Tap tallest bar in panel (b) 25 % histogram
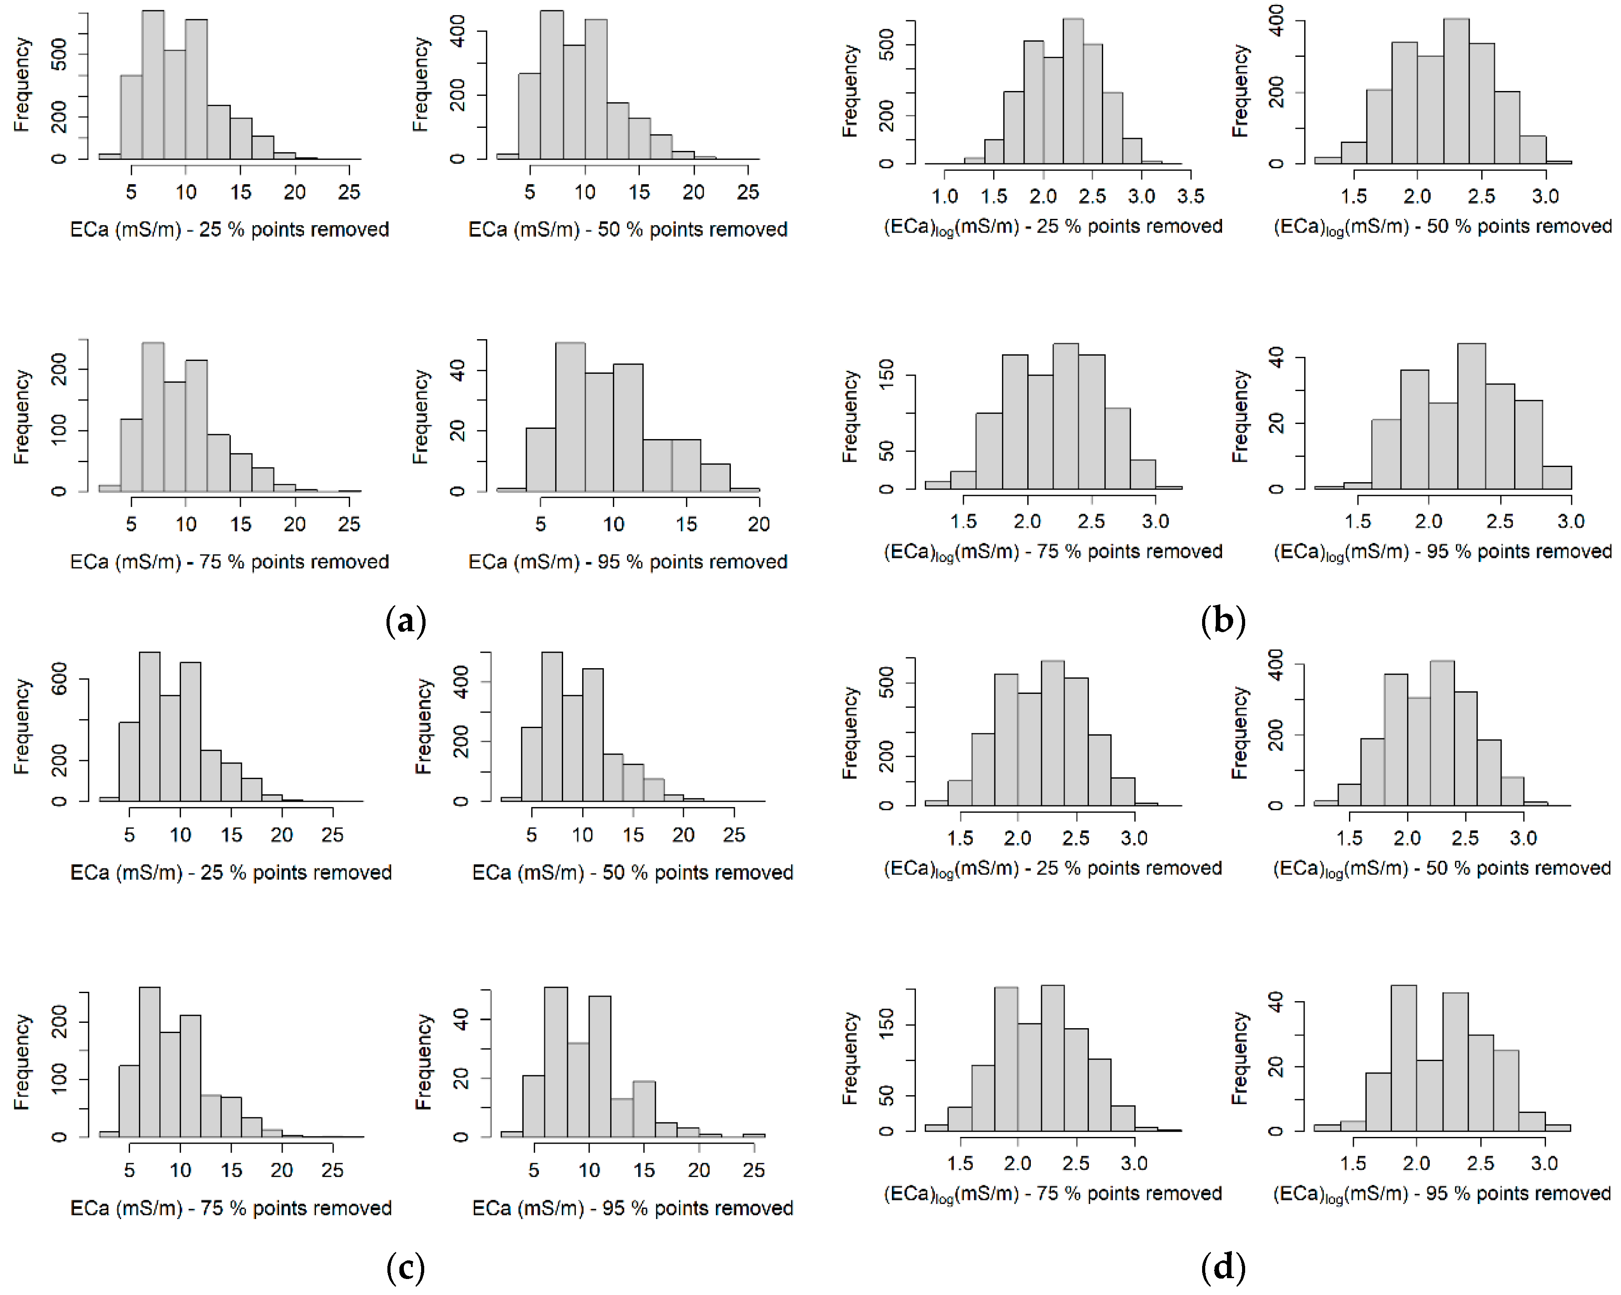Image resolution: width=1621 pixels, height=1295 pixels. (1073, 90)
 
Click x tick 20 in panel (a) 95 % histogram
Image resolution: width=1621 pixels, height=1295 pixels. (758, 524)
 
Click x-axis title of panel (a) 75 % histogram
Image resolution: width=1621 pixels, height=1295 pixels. (229, 562)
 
